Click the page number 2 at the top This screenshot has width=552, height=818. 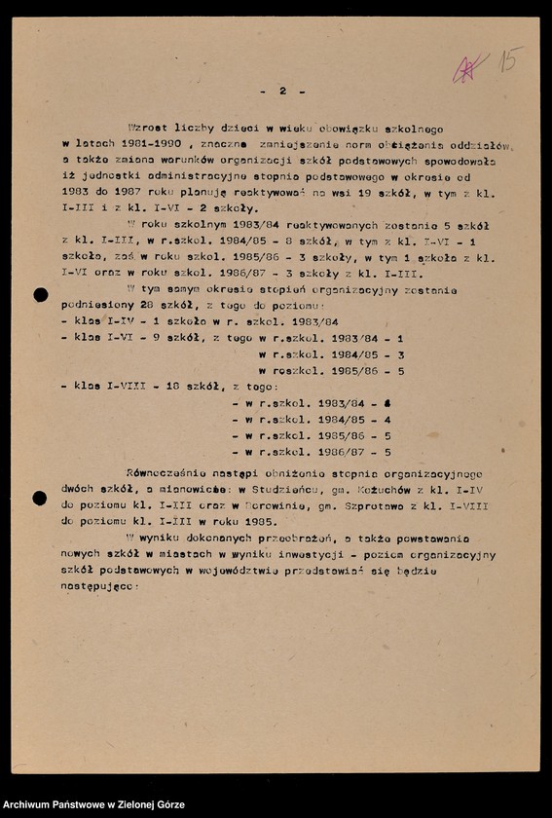point(282,91)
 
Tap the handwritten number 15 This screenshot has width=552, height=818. point(509,60)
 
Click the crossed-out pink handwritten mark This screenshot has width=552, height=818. point(471,68)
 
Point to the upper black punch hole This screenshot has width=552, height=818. point(40,295)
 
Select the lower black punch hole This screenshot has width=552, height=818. point(40,499)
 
